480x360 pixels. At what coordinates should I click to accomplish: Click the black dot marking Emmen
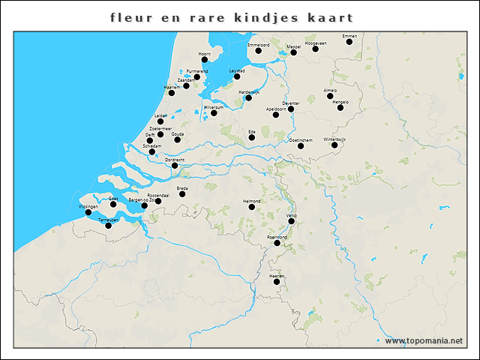(x=349, y=42)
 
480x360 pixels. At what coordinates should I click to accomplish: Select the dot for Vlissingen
(x=88, y=212)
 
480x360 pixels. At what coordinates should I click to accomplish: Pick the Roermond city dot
(x=277, y=243)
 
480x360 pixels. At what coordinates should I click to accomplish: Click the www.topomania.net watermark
(x=424, y=340)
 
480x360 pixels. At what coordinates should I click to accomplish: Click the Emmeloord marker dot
(x=258, y=51)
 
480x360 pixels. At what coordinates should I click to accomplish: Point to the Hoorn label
(x=204, y=54)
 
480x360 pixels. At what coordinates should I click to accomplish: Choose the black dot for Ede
(x=252, y=137)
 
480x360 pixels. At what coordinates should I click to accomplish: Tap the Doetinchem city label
(x=301, y=139)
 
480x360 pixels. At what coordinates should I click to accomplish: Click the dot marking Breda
(x=182, y=193)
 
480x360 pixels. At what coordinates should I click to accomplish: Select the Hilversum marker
(x=214, y=113)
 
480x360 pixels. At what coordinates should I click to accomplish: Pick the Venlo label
(x=292, y=215)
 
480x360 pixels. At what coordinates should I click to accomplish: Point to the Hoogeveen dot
(x=316, y=49)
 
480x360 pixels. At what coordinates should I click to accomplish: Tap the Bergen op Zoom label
(x=143, y=199)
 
